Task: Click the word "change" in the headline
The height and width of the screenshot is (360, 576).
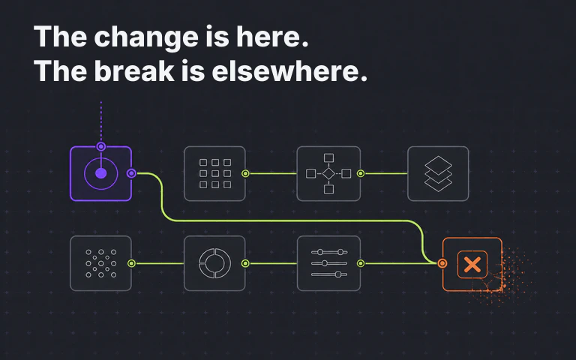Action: pyautogui.click(x=147, y=37)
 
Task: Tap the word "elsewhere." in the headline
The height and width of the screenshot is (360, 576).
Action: pyautogui.click(x=289, y=70)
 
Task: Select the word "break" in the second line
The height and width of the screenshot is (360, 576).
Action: pyautogui.click(x=134, y=70)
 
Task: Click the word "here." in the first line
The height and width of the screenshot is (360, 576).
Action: pyautogui.click(x=271, y=37)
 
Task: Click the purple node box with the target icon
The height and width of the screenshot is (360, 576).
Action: pyautogui.click(x=100, y=174)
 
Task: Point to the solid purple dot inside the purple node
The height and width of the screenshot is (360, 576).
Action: pyautogui.click(x=101, y=173)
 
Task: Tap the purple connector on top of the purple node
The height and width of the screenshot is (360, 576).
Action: pyautogui.click(x=101, y=147)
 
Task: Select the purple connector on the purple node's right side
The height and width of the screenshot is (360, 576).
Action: pyautogui.click(x=131, y=173)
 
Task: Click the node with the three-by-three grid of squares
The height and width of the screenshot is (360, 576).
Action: pyautogui.click(x=214, y=174)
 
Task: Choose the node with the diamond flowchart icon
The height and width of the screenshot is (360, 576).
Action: pyautogui.click(x=328, y=174)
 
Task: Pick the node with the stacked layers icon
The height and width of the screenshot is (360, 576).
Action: pyautogui.click(x=438, y=174)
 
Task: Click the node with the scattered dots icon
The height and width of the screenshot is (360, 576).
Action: pyautogui.click(x=100, y=263)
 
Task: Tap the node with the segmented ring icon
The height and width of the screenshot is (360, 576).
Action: pyautogui.click(x=214, y=263)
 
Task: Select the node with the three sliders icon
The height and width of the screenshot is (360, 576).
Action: pyautogui.click(x=328, y=263)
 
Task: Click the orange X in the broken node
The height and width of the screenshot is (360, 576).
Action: pyautogui.click(x=472, y=265)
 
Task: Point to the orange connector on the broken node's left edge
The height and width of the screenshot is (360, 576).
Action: pyautogui.click(x=442, y=263)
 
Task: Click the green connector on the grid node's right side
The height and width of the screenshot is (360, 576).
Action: pyautogui.click(x=245, y=173)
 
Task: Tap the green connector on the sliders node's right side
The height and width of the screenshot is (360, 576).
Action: pyautogui.click(x=361, y=263)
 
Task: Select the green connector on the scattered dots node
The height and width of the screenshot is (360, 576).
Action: pyautogui.click(x=131, y=263)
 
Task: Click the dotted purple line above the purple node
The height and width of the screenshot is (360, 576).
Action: pyautogui.click(x=101, y=122)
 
